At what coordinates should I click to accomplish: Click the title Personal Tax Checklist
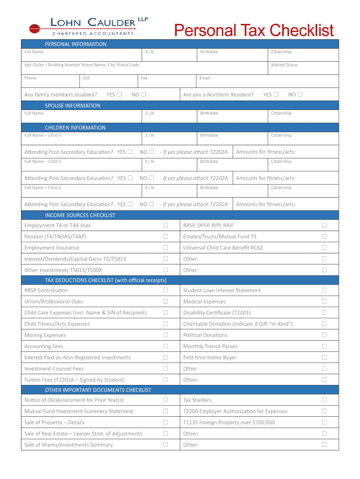tap(254, 30)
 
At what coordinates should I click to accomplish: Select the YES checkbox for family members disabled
tap(119, 94)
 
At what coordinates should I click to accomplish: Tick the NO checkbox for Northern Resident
tap(300, 94)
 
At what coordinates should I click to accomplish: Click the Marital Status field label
tap(284, 65)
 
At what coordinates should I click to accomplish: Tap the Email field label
tap(205, 78)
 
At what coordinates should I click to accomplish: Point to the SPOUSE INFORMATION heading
tap(72, 106)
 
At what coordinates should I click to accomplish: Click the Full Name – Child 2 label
tap(43, 161)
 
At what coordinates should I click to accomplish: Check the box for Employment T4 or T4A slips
tap(165, 225)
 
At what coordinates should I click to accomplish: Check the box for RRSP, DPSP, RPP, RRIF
tap(324, 225)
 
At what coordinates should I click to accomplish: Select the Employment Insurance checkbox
tap(165, 247)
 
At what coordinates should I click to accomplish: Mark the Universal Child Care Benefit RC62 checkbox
tap(324, 247)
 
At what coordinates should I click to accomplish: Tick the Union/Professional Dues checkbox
tap(165, 301)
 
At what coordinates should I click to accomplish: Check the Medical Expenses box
tap(324, 301)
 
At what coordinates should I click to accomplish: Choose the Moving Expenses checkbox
tap(165, 335)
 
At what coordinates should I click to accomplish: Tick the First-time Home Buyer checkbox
tap(324, 357)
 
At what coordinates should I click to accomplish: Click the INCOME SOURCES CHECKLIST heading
tap(80, 216)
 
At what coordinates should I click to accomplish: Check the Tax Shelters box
tap(324, 400)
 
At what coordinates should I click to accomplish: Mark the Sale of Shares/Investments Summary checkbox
tap(165, 444)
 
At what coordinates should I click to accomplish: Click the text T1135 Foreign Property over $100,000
tap(229, 422)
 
